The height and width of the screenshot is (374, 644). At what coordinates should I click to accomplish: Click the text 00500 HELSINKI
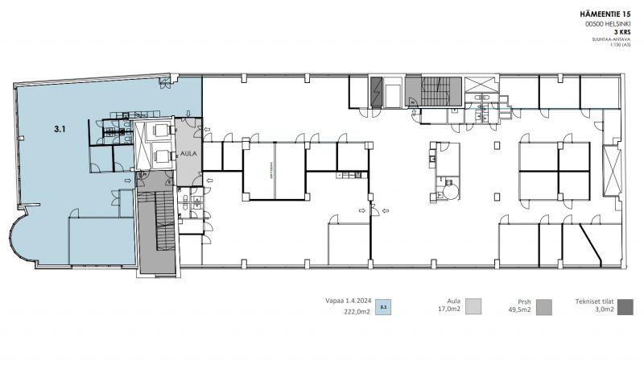[x=609, y=24]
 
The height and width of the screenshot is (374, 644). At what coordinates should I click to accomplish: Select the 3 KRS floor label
[x=621, y=33]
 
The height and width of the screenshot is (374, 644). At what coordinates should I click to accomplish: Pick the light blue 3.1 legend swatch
[x=384, y=307]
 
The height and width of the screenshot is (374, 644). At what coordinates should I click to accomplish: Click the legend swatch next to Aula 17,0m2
[x=474, y=305]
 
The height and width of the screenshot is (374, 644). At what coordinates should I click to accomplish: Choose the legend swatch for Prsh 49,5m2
[x=544, y=305]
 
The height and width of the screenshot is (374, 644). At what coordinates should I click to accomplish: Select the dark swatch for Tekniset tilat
[x=625, y=305]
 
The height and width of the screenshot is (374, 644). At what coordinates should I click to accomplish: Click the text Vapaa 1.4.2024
[x=348, y=300]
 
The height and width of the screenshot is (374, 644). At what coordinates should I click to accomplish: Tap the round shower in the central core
[x=448, y=190]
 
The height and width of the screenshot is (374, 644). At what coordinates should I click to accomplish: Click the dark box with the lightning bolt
[x=378, y=91]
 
